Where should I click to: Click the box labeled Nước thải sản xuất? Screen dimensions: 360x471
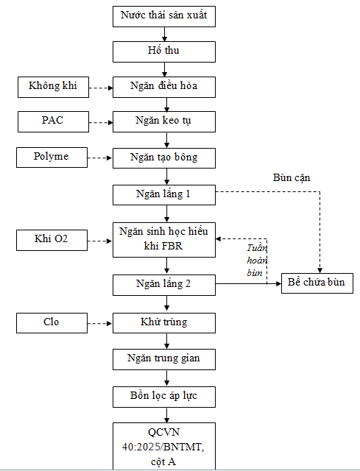click(164, 16)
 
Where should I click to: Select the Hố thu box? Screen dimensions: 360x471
click(164, 52)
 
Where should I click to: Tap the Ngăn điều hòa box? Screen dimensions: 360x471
click(164, 87)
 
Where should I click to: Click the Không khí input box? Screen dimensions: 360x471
click(53, 87)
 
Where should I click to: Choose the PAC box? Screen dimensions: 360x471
click(53, 121)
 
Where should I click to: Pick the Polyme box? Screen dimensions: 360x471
click(52, 157)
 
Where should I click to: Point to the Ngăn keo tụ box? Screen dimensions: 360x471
click(164, 121)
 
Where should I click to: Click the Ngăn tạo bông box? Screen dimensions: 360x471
click(164, 158)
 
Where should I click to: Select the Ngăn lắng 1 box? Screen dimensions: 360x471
click(164, 195)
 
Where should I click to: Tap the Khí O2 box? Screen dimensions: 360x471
click(52, 241)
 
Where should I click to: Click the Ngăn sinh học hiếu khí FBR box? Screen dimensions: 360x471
click(164, 240)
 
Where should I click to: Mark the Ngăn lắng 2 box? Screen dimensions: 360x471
click(164, 285)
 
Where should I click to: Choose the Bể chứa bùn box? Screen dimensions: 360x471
click(317, 283)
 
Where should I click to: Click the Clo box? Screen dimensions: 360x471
click(52, 323)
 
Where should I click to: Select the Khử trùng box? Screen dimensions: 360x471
click(164, 323)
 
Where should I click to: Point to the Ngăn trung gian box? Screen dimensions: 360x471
click(164, 359)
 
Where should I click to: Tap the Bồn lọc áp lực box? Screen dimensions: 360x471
click(164, 397)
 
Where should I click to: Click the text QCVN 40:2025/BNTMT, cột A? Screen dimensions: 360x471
click(163, 447)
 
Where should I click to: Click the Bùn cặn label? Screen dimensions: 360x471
click(292, 178)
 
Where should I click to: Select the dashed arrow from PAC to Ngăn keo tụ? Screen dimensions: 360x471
click(101, 122)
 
